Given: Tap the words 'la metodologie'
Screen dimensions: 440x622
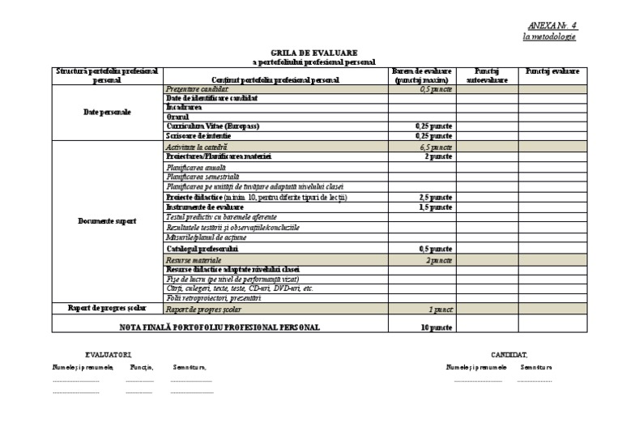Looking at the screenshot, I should click(x=550, y=37).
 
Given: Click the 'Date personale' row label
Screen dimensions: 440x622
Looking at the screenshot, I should click(x=107, y=113).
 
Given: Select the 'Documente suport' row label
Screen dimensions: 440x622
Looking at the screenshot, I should click(x=107, y=220).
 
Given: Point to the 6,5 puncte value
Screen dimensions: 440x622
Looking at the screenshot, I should click(x=436, y=147).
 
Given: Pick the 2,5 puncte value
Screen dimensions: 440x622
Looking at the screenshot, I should click(x=435, y=197).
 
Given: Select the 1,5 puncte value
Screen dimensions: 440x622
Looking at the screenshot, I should click(x=435, y=207).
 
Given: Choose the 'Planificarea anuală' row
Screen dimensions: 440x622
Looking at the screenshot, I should click(x=191, y=167).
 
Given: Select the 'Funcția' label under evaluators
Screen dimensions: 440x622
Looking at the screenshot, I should click(x=142, y=367).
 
